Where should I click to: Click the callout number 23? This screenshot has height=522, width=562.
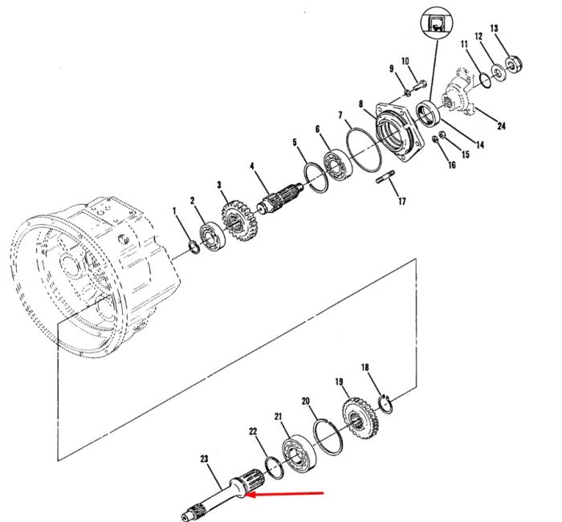[x=204, y=459]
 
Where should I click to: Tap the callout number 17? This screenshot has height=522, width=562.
[x=402, y=201]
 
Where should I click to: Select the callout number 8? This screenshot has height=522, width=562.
[x=360, y=104]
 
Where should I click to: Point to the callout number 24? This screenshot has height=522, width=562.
[x=501, y=126]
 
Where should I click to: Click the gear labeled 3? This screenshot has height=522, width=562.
[x=238, y=221]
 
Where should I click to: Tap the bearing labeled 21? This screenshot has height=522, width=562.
[x=299, y=453]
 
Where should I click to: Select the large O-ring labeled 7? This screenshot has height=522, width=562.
[x=364, y=149]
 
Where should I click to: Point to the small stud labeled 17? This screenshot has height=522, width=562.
[x=385, y=177]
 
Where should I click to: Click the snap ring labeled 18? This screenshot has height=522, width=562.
[x=386, y=404]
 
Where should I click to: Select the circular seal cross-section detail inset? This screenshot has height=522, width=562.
[x=436, y=22]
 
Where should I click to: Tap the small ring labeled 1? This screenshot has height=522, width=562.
[x=194, y=247]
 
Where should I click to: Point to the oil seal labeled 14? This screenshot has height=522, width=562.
[x=428, y=114]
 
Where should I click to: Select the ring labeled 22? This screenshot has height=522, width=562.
[x=275, y=467]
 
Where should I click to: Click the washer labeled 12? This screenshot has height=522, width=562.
[x=498, y=71]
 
